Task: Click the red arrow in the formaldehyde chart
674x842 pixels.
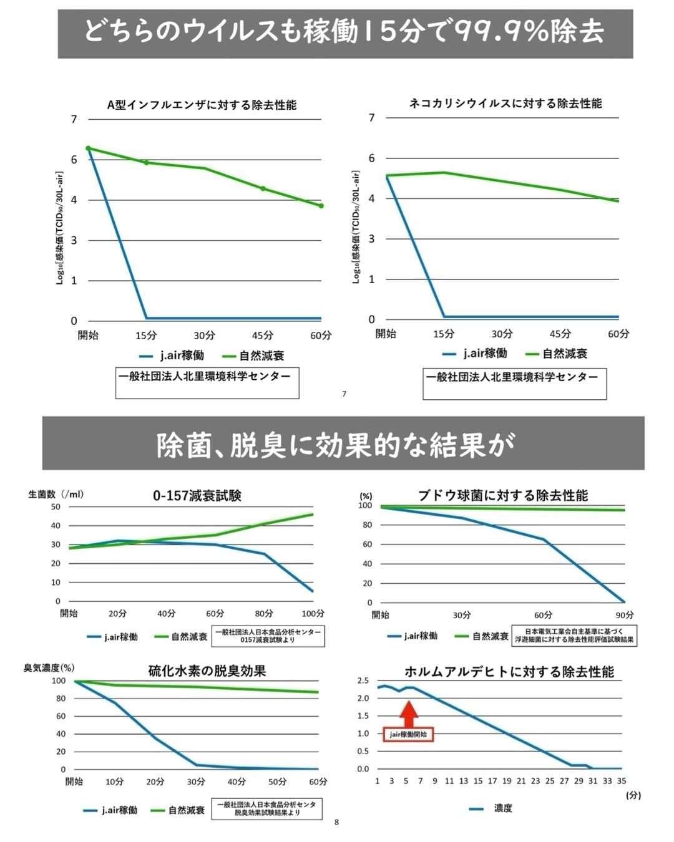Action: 408,713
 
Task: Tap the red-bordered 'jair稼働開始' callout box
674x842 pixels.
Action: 408,735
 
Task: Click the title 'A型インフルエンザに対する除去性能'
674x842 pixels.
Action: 201,105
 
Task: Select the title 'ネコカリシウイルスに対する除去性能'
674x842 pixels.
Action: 506,104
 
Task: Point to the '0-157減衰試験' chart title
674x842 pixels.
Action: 197,496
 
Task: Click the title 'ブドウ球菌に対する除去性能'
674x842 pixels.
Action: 503,496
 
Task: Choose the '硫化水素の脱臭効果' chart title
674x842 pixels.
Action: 207,671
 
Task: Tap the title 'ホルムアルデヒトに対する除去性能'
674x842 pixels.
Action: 509,672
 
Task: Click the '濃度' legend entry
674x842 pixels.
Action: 502,808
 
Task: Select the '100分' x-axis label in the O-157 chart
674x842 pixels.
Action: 313,614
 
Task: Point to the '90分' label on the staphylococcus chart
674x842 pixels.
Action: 624,615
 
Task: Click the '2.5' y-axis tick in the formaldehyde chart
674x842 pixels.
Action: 363,680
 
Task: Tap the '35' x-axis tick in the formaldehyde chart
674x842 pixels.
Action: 622,781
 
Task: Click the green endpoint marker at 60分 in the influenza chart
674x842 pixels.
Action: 321,206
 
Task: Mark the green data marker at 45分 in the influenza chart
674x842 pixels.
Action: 263,188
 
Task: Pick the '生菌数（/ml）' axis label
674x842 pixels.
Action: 56,494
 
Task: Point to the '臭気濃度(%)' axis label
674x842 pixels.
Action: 49,668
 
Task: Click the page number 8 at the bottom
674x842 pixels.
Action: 337,822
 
